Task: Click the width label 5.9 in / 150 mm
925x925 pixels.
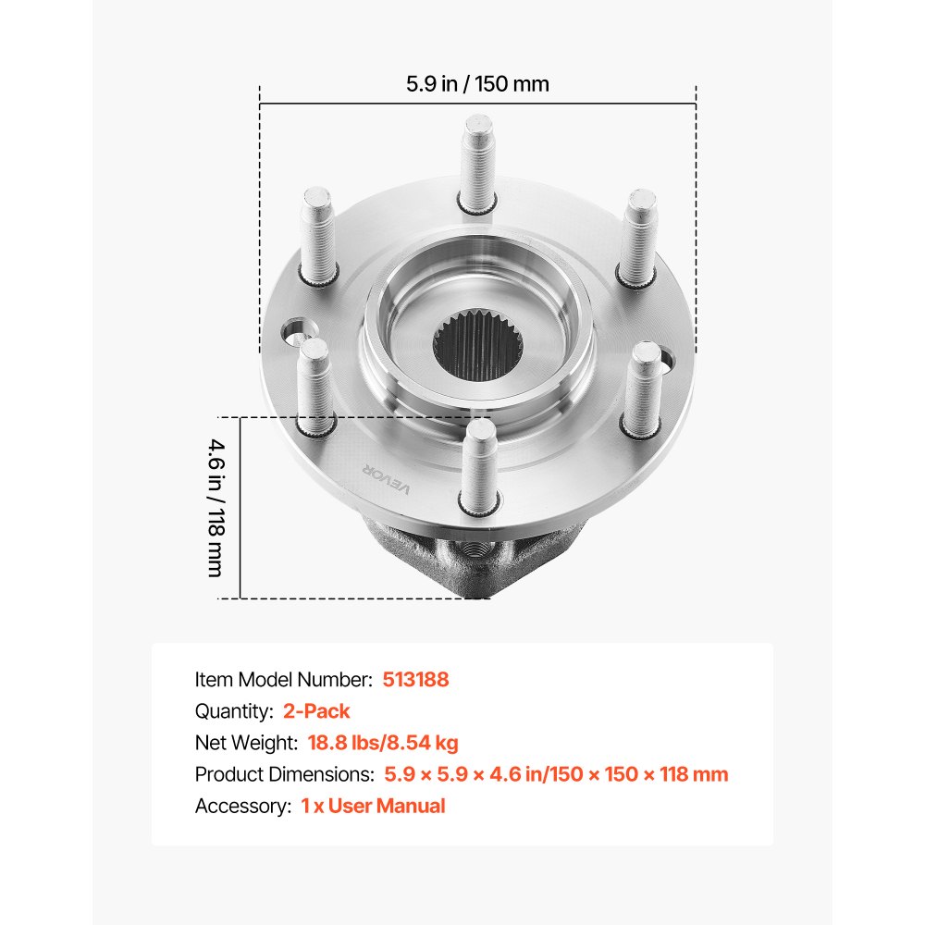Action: (x=477, y=84)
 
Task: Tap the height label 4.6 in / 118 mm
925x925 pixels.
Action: (x=215, y=506)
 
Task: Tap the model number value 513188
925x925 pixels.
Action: (x=415, y=679)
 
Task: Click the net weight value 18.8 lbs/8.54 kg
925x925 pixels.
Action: (x=376, y=743)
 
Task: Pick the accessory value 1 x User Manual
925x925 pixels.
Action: (x=373, y=806)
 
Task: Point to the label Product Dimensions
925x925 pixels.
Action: (x=284, y=774)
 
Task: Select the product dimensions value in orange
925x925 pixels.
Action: (x=556, y=774)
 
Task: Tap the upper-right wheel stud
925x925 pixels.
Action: (x=638, y=238)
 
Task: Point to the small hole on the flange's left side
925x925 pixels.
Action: (x=297, y=330)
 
